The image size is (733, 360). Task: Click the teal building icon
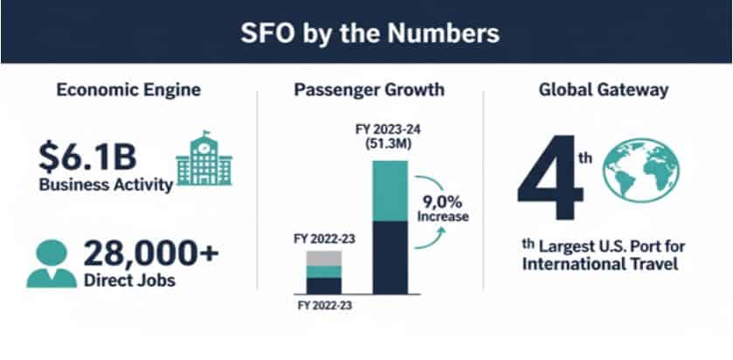pos(204,161)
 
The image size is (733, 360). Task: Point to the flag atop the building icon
pos(206,135)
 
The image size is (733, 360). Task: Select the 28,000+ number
pos(154,253)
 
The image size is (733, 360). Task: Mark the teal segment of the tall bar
pos(390,190)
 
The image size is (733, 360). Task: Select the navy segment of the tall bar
pos(390,257)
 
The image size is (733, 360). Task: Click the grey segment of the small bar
pos(324,259)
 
